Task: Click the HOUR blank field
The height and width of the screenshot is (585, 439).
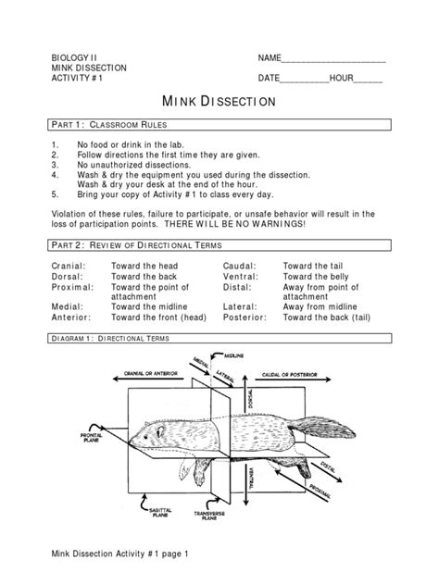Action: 368,79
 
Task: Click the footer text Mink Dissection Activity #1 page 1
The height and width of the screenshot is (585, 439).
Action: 119,554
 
